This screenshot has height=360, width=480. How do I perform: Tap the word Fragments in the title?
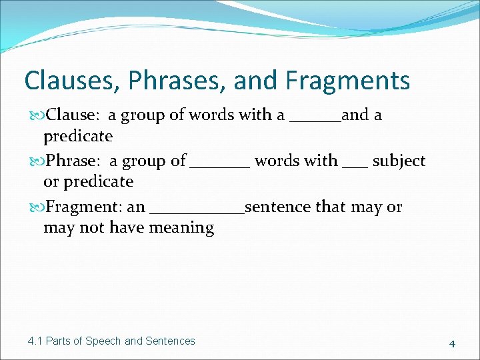click(347, 81)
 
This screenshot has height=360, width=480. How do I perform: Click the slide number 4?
click(452, 344)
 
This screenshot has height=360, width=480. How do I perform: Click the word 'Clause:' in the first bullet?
click(73, 115)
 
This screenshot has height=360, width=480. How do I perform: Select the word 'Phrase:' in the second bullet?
click(73, 161)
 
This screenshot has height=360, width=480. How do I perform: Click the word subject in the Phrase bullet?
click(399, 161)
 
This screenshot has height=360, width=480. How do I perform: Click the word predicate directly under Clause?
click(78, 137)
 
